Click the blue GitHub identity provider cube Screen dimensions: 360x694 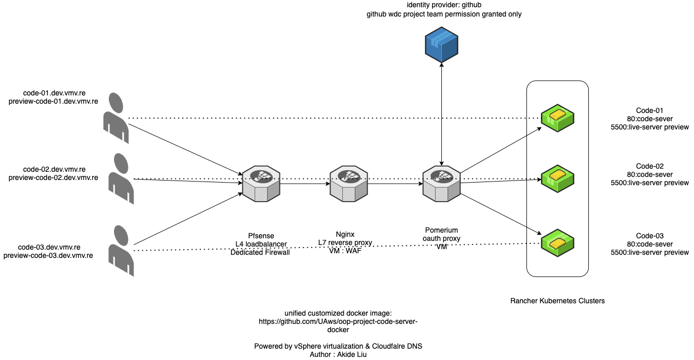(x=442, y=46)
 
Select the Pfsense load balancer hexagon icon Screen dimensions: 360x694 (x=260, y=183)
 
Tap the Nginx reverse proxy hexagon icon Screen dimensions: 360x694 (x=349, y=183)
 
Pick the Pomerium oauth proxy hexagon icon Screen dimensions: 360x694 (x=441, y=183)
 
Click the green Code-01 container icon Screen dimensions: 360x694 (x=557, y=118)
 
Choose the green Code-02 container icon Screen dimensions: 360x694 (x=557, y=179)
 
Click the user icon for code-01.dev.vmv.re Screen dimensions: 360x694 (x=117, y=118)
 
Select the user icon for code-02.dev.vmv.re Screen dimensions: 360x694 (x=121, y=178)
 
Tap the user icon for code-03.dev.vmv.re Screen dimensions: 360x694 (x=121, y=251)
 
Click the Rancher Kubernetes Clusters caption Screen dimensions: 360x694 (x=557, y=301)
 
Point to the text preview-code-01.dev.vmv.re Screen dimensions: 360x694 (x=54, y=102)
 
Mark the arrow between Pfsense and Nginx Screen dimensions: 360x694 (x=305, y=183)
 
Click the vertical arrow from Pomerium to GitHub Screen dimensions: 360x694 (x=442, y=113)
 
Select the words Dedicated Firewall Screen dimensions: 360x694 (x=260, y=252)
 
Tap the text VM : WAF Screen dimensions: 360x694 (x=345, y=251)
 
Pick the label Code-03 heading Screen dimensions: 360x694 (x=650, y=236)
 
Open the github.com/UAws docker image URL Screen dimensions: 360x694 (x=338, y=321)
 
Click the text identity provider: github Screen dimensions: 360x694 (x=443, y=5)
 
